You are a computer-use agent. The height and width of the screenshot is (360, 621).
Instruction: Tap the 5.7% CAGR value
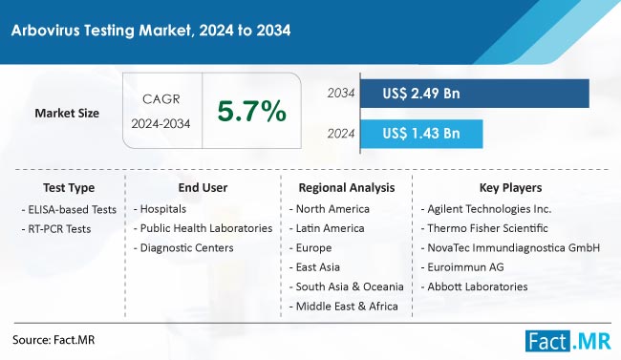click(252, 112)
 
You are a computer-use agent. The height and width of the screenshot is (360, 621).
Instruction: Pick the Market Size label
click(67, 113)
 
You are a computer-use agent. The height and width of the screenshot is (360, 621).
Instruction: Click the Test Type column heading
click(69, 188)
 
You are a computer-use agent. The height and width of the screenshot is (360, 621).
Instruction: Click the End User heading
click(203, 188)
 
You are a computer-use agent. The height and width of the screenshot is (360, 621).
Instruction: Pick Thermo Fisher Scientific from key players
click(489, 228)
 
